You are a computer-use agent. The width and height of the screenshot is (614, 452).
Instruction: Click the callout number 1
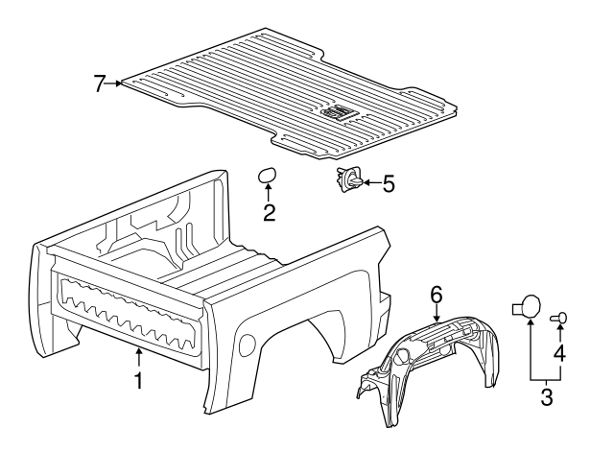click(x=138, y=380)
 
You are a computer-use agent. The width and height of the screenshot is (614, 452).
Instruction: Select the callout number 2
click(x=269, y=213)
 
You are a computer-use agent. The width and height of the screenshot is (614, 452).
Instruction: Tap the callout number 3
click(x=546, y=396)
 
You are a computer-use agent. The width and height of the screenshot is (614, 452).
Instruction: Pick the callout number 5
click(x=388, y=183)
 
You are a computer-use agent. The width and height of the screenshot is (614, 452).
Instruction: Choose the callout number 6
click(x=437, y=295)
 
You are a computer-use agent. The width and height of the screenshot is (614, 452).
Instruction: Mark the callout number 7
click(x=100, y=83)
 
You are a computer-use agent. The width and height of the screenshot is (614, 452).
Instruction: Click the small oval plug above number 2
click(x=267, y=175)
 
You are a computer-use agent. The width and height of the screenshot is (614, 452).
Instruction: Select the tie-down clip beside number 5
click(x=349, y=179)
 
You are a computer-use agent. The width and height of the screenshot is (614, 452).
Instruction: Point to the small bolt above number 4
click(x=558, y=318)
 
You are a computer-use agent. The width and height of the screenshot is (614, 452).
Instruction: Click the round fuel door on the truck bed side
click(x=247, y=345)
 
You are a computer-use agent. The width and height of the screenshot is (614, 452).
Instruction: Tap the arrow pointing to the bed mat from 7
click(x=114, y=83)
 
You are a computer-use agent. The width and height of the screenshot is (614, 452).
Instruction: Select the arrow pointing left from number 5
click(x=371, y=182)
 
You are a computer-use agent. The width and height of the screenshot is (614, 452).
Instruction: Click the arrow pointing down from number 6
click(x=437, y=314)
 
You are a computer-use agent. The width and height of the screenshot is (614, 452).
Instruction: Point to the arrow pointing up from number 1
click(x=138, y=358)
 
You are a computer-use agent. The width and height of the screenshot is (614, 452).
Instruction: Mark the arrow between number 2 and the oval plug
click(x=269, y=194)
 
